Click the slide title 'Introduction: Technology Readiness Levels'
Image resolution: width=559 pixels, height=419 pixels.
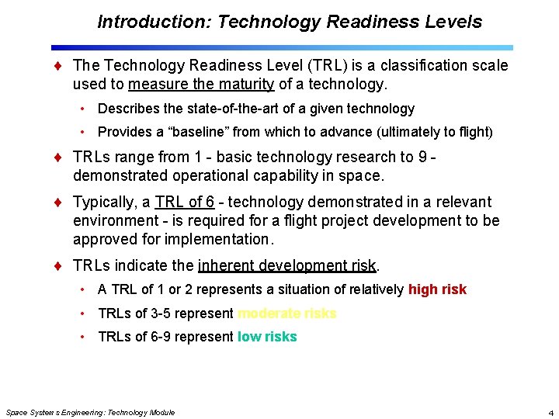pos(290,22)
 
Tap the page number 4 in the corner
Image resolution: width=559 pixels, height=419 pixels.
pos(550,412)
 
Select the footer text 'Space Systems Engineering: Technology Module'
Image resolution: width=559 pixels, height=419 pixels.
pos(90,412)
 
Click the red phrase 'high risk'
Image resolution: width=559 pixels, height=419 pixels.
pos(437,289)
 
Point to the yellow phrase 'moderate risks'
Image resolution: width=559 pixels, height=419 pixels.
pos(286,313)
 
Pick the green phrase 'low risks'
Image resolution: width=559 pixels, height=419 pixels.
pos(267,337)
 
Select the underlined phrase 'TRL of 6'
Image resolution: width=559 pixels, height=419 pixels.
pos(185,202)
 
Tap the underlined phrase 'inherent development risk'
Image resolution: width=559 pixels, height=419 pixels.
pos(287,265)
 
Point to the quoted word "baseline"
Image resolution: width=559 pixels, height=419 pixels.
pos(186,132)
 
